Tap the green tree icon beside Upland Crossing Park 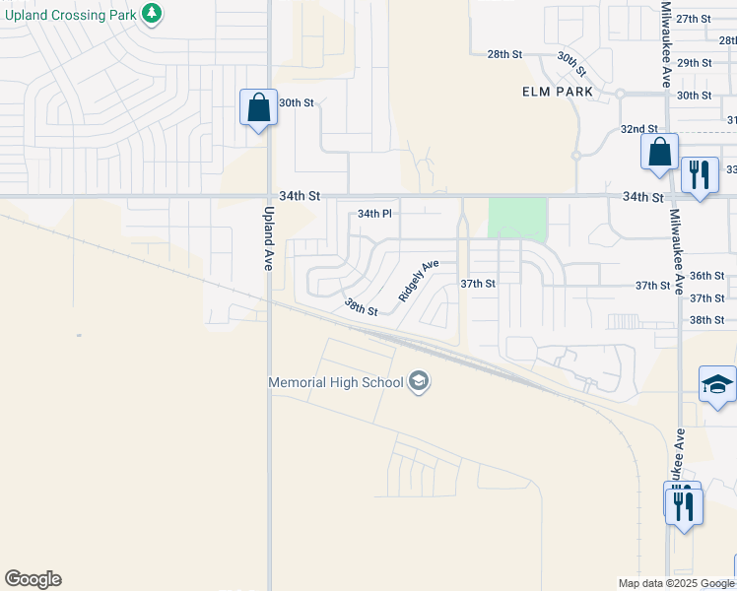(x=151, y=13)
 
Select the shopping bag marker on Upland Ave (x=258, y=107)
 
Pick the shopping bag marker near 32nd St (x=659, y=152)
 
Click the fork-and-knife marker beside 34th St (x=700, y=175)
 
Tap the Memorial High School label (x=336, y=382)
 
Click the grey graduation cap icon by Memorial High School (x=418, y=382)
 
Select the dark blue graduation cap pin (x=717, y=385)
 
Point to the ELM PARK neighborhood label (x=558, y=92)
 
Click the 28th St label (x=503, y=54)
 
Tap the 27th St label (x=694, y=19)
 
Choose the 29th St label (x=694, y=62)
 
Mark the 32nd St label (x=638, y=129)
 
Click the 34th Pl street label (x=374, y=213)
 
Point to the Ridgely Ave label (x=418, y=281)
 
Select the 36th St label (x=706, y=276)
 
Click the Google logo (x=33, y=579)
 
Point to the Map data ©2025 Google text (x=675, y=583)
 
